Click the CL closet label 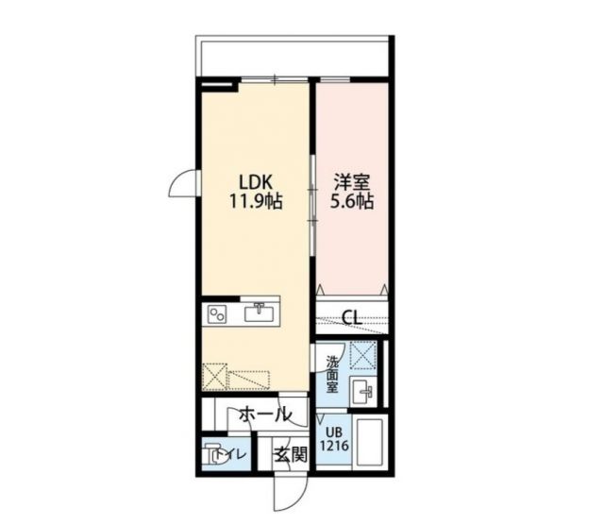point(351,317)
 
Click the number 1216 point(334,444)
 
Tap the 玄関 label point(291,454)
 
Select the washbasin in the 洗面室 point(363,390)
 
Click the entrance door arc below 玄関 point(288,491)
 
